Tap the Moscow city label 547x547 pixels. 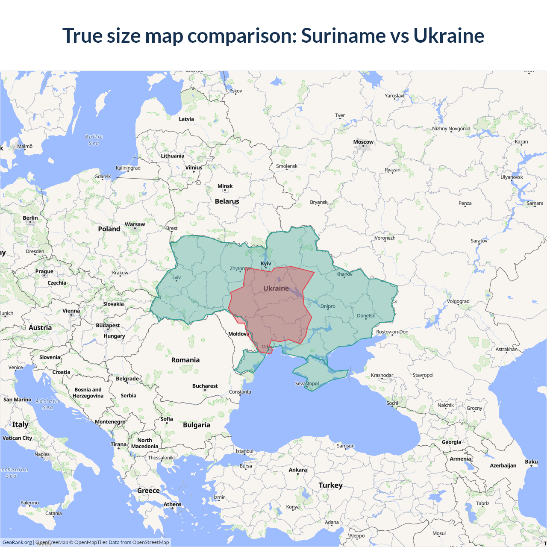click(x=363, y=142)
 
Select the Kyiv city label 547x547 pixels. click(x=266, y=264)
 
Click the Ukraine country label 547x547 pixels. click(x=276, y=288)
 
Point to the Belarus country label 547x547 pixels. click(x=227, y=201)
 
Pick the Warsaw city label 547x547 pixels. click(x=135, y=224)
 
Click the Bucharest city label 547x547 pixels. click(x=205, y=386)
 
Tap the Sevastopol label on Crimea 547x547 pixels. click(x=307, y=383)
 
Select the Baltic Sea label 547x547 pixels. click(x=94, y=140)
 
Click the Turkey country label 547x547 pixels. click(x=330, y=485)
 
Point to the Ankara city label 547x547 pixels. click(x=298, y=470)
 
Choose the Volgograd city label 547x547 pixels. click(x=458, y=301)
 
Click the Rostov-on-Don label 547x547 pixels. click(x=392, y=332)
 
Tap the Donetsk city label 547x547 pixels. click(x=366, y=316)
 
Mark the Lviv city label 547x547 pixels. click(x=176, y=277)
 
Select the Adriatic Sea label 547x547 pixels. click(x=48, y=404)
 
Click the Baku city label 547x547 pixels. click(x=531, y=462)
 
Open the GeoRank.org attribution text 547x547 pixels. click(x=17, y=542)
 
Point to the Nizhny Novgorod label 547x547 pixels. click(x=451, y=129)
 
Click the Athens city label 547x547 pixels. click(x=172, y=504)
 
